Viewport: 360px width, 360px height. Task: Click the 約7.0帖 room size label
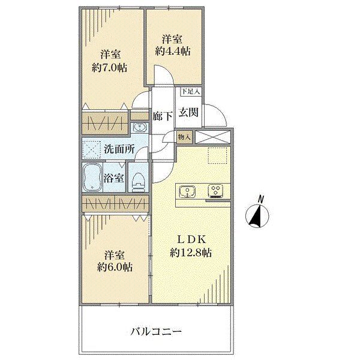109,68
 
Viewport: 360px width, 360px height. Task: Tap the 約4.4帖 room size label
173,51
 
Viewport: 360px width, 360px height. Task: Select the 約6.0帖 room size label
115,267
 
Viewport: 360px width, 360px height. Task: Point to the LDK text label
191,239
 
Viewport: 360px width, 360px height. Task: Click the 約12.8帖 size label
191,253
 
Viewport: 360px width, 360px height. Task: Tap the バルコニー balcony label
156,332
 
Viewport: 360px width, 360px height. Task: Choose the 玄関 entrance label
188,112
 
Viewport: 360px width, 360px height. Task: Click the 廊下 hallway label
163,116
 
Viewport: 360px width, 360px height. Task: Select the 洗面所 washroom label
119,149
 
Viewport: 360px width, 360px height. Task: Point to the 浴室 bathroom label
114,178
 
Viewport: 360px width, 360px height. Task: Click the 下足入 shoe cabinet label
190,92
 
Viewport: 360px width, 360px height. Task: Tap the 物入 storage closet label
184,137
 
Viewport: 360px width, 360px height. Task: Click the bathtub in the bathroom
92,177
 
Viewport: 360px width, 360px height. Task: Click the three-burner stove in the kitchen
216,191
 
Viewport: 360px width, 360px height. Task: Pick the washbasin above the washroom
139,127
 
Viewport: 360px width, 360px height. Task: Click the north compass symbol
257,215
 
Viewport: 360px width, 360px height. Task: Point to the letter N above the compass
260,199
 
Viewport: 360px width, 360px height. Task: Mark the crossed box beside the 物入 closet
212,137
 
